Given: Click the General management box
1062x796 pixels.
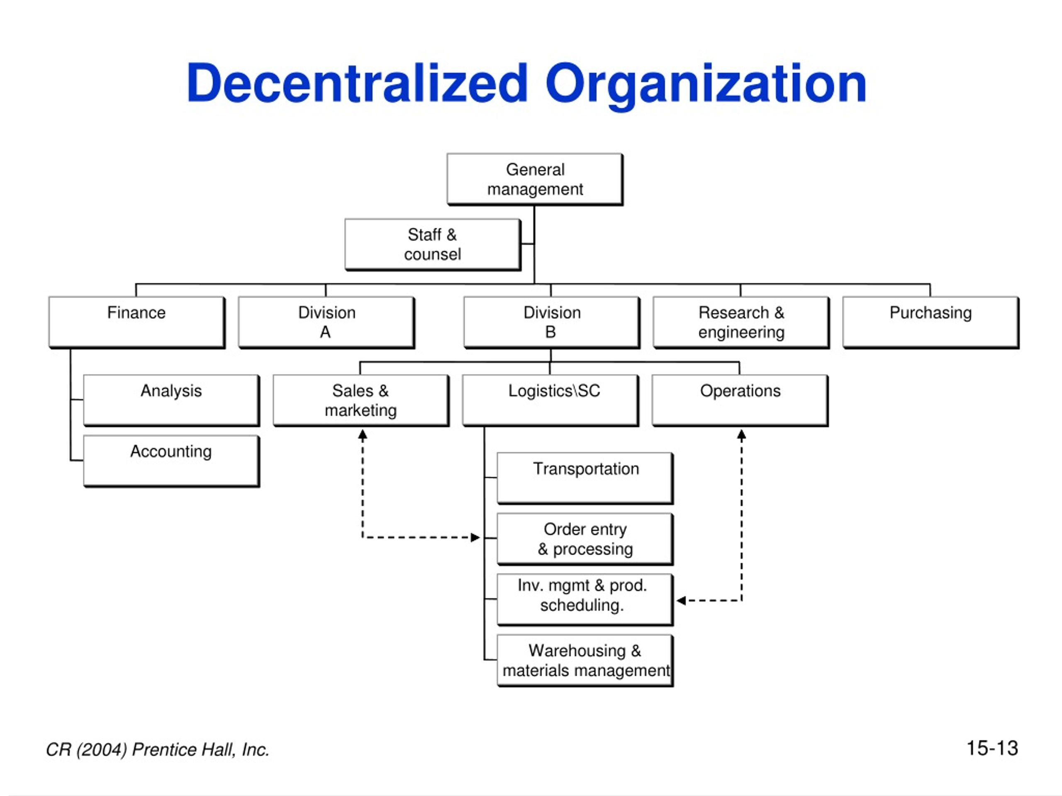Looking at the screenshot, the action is tap(535, 180).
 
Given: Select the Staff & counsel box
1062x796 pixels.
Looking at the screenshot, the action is tap(433, 245).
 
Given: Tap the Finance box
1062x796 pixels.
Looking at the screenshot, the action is tap(137, 323).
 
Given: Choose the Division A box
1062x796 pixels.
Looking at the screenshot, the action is tap(326, 323).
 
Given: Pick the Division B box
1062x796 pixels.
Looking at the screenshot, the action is tap(552, 323).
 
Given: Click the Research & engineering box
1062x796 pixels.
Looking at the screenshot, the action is tap(741, 323).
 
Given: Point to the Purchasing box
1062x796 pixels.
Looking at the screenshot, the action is tap(930, 323).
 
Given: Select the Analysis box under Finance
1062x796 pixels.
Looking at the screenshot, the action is tap(171, 400).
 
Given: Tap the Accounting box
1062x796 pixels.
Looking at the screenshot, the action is tap(171, 461).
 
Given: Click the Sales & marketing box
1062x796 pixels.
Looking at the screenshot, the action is tap(361, 400).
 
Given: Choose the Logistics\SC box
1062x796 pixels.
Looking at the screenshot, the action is tap(550, 400).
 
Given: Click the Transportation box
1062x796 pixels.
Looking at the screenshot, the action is tap(585, 478).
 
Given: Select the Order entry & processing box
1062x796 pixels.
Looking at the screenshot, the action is tap(585, 539).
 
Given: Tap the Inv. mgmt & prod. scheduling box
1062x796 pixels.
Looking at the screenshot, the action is tap(585, 600).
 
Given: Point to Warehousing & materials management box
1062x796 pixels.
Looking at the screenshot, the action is tap(585, 661).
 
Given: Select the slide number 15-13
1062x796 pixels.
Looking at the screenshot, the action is tap(992, 748).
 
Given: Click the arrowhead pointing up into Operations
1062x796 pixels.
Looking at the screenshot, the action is tap(741, 435).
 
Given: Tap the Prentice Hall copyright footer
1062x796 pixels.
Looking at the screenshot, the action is tap(158, 750).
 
